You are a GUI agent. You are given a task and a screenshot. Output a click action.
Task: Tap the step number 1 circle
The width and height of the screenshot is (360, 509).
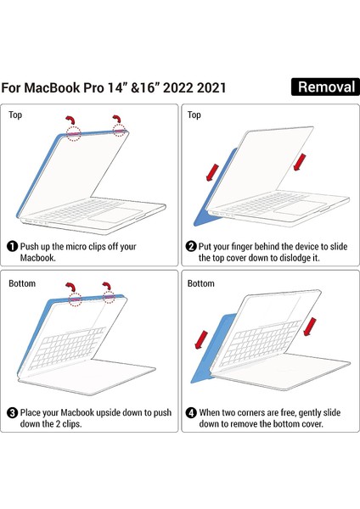tap(13, 247)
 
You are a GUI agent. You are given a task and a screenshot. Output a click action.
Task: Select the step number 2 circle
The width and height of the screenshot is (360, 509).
tap(192, 247)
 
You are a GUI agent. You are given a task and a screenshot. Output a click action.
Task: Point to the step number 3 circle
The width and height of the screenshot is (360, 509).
tap(13, 412)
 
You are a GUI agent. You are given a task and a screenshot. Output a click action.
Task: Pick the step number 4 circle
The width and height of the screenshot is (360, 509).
tap(192, 412)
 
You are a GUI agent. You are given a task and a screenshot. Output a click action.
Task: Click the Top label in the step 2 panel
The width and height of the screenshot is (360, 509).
tap(194, 114)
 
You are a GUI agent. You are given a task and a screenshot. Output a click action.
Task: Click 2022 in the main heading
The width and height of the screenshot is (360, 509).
tap(194, 87)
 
